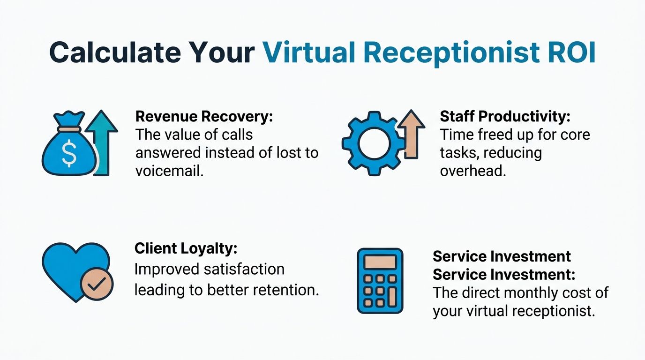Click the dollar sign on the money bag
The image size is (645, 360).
point(69,154)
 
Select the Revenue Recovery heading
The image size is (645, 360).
point(204,117)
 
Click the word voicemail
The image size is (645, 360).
point(170,171)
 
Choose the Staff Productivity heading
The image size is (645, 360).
point(505,117)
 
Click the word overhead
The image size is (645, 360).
point(473,171)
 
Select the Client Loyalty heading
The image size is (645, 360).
point(186,249)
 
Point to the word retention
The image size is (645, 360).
point(285,290)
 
